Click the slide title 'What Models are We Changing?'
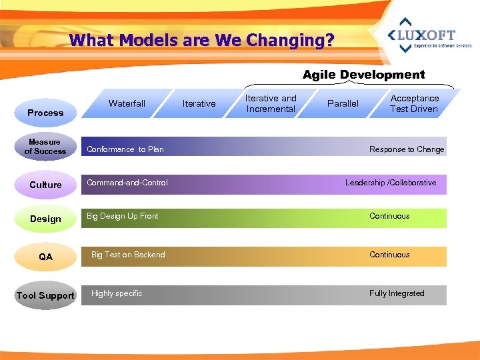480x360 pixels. (201, 41)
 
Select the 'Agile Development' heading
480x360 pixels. (363, 75)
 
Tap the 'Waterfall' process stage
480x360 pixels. (127, 103)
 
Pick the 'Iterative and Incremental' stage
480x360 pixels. (271, 103)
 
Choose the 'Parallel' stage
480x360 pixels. (343, 103)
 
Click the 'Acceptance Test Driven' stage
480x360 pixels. (414, 103)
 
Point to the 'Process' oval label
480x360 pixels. (45, 113)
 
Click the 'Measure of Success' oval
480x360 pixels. (45, 147)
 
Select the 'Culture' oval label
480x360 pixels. (45, 185)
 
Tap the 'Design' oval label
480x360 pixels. (45, 219)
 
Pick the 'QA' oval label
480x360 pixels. (45, 257)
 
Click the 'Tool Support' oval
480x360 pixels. (45, 295)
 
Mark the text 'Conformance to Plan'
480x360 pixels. (125, 149)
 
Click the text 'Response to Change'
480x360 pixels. (407, 149)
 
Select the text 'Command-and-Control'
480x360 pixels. (127, 183)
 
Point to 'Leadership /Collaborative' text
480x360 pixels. (391, 183)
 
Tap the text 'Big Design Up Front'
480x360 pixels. (123, 216)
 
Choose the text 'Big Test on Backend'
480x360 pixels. (128, 255)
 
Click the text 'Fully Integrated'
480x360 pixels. (397, 293)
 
